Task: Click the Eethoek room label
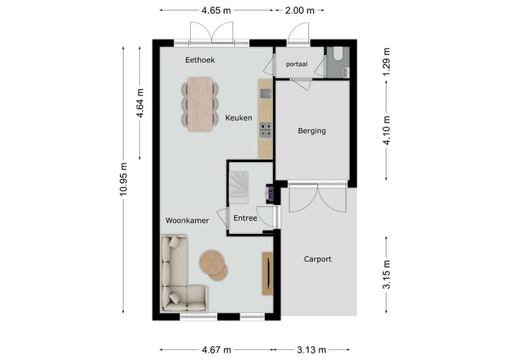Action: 200,60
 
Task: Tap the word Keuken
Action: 239,117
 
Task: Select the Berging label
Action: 312,131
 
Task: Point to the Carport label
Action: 318,259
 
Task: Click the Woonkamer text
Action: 187,220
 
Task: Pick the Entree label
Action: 245,218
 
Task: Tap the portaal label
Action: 297,64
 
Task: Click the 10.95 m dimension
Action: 123,180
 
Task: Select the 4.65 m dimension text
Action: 216,11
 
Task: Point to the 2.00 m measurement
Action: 300,11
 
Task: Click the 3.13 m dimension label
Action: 312,350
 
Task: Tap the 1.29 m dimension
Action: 386,62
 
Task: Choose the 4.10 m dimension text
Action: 386,130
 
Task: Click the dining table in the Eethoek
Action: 200,104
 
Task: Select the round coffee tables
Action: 213,265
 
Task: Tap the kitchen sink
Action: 266,93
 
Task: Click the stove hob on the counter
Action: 266,130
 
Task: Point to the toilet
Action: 338,54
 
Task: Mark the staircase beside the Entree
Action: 239,187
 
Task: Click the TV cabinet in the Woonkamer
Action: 267,274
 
